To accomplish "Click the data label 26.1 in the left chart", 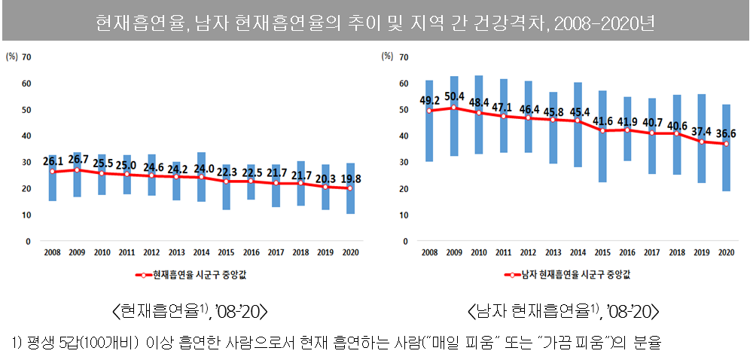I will [52, 161].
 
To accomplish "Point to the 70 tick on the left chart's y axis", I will [27, 57].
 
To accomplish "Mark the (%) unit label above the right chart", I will [388, 56].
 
